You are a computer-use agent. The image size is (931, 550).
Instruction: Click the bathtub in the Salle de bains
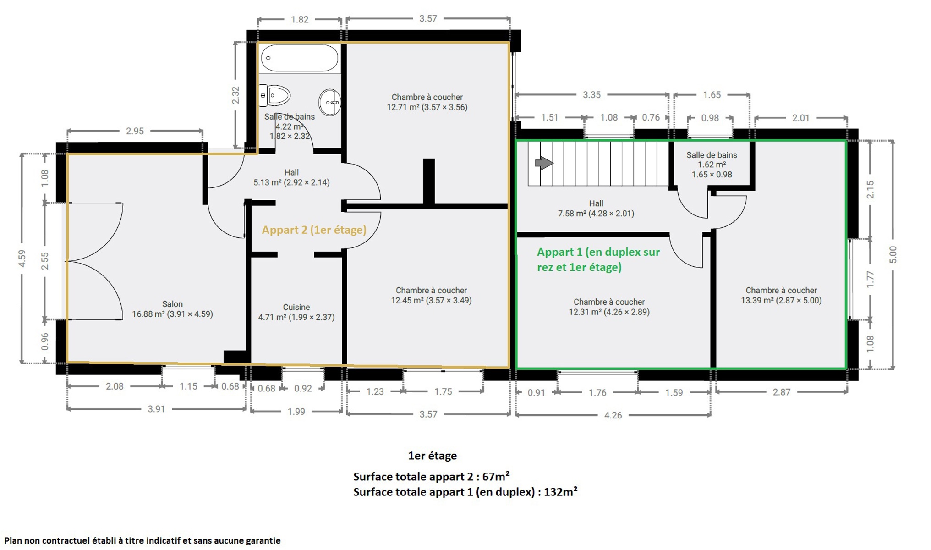(x=300, y=58)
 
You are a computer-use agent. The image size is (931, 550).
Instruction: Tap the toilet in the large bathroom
(x=274, y=95)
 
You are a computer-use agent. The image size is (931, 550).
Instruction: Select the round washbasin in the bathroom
(x=330, y=102)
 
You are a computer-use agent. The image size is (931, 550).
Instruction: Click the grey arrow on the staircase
(x=544, y=163)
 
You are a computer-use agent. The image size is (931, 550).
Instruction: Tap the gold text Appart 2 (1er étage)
(x=314, y=230)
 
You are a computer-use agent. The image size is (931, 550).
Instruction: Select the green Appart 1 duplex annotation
(x=598, y=259)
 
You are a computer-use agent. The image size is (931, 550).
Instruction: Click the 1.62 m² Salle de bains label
(x=712, y=165)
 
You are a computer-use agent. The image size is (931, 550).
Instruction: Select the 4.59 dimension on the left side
(x=22, y=258)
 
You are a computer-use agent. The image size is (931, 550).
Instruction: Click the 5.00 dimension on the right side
(x=893, y=254)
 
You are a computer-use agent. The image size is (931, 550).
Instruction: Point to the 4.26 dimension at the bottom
(x=613, y=415)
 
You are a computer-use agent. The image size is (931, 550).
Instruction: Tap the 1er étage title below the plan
(x=433, y=456)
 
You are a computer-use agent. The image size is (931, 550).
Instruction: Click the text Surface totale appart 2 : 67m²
(x=431, y=476)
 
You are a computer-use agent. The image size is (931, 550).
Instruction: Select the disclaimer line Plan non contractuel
(x=142, y=540)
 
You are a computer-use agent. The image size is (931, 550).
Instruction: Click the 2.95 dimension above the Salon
(x=135, y=131)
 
